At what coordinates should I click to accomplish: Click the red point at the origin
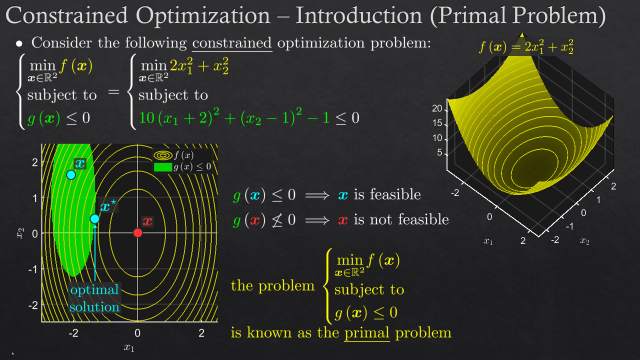click(x=137, y=233)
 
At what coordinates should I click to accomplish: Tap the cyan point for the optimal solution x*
click(x=94, y=219)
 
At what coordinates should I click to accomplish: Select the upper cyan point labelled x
click(x=71, y=174)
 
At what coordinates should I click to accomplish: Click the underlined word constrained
click(x=231, y=43)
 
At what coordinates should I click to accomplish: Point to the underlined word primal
click(x=367, y=333)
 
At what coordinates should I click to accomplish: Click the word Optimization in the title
click(x=203, y=15)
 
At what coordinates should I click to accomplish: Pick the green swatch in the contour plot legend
click(x=163, y=167)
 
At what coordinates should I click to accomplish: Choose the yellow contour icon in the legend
click(x=163, y=155)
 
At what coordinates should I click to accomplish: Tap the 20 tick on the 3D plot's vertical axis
click(x=437, y=108)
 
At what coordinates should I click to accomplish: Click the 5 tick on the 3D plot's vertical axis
click(x=439, y=152)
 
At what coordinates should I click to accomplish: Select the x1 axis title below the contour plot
click(x=129, y=347)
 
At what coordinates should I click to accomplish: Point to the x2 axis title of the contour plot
click(x=20, y=233)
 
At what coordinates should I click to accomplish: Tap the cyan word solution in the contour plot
click(x=94, y=307)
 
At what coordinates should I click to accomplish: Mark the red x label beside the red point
click(x=147, y=221)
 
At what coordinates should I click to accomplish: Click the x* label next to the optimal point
click(x=108, y=206)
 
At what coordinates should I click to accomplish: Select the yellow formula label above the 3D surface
click(x=526, y=46)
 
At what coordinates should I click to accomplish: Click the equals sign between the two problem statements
click(x=113, y=92)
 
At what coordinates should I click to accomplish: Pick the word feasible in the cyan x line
click(x=395, y=194)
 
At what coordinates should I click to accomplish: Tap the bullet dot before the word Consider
click(x=19, y=43)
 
